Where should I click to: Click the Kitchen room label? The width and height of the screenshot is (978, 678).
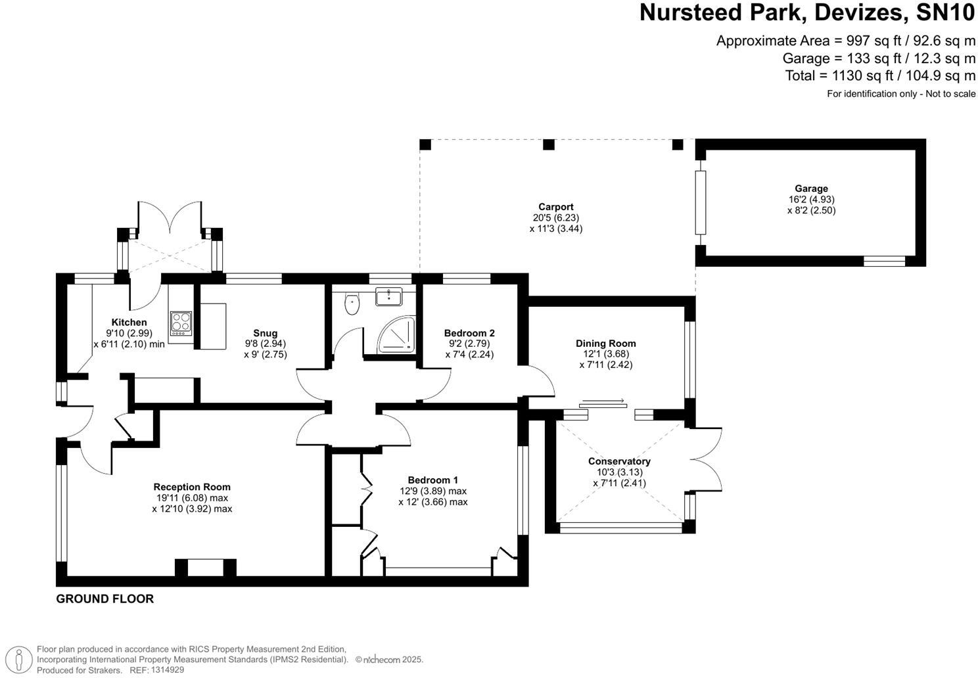[129, 323]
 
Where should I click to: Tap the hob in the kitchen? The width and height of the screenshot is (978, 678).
[181, 323]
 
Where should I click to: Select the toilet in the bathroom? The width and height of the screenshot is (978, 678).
[352, 304]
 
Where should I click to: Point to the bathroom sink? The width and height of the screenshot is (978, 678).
[388, 297]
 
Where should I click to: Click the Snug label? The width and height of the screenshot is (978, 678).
[266, 333]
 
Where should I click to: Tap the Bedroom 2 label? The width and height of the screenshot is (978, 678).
[469, 333]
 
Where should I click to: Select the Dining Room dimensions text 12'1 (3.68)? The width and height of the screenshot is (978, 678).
[605, 354]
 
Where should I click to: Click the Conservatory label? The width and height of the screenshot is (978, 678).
[619, 461]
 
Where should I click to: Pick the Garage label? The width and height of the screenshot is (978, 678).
[811, 189]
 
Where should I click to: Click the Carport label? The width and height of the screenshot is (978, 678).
[556, 207]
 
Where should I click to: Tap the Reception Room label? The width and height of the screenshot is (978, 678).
[192, 487]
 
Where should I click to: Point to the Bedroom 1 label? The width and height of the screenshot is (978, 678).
[432, 480]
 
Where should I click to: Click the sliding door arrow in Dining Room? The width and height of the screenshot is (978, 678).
[603, 401]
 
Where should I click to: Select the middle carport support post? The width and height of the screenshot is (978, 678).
[549, 145]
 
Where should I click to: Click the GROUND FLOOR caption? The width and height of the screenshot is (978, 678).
[105, 599]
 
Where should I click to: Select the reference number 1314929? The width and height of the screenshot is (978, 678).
[168, 669]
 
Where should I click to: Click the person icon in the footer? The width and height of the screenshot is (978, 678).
[19, 659]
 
